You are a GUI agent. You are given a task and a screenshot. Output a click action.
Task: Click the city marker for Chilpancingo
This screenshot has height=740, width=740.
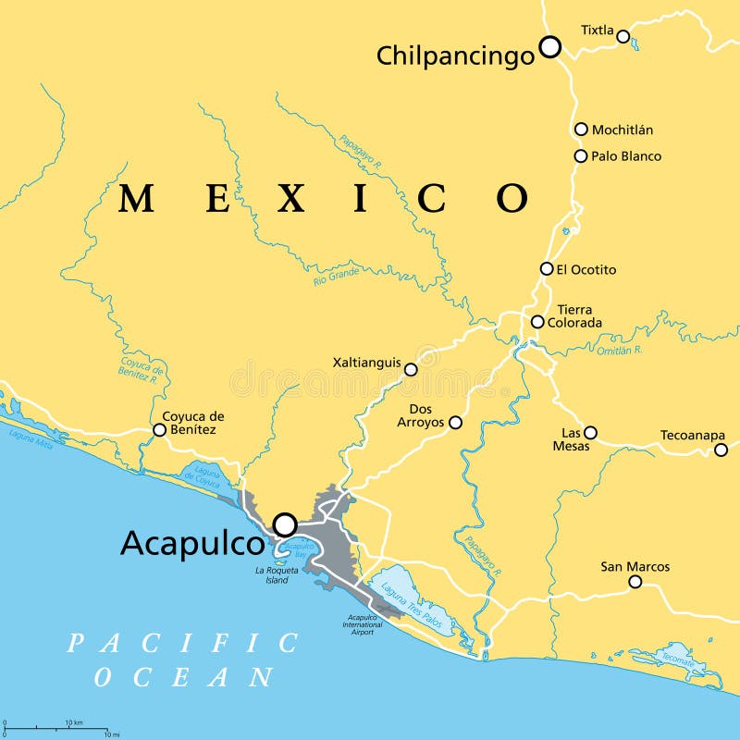pyautogui.click(x=550, y=46)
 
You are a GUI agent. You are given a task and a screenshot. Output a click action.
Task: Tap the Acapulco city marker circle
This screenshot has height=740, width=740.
pyautogui.click(x=285, y=524)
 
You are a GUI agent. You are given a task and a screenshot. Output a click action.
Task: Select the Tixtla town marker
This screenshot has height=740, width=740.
pyautogui.click(x=623, y=37)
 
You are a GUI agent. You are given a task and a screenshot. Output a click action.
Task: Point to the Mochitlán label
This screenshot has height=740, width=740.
pyautogui.click(x=623, y=129)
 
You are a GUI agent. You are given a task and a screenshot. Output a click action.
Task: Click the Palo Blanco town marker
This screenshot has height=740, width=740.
pyautogui.click(x=581, y=156)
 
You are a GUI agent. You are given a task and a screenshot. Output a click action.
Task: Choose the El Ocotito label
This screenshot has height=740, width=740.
pyautogui.click(x=586, y=269)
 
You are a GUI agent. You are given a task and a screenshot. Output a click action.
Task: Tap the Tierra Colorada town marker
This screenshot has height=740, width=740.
pyautogui.click(x=537, y=322)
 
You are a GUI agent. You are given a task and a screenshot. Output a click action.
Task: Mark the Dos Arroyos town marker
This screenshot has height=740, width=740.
pyautogui.click(x=455, y=422)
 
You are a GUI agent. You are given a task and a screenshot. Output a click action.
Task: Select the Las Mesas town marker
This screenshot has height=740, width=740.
pyautogui.click(x=590, y=432)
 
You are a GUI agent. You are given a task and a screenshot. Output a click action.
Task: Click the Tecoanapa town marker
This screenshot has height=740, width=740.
pyautogui.click(x=721, y=450)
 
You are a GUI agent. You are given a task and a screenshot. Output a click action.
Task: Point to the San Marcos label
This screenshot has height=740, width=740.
pyautogui.click(x=635, y=566)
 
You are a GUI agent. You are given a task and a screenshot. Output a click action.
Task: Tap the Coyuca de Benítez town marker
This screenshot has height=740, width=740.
pyautogui.click(x=159, y=430)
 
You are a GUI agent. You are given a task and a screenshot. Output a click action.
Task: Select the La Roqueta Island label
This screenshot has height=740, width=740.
pyautogui.click(x=277, y=575)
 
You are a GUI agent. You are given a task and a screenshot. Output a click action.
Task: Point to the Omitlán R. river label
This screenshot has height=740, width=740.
pyautogui.click(x=619, y=350)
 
